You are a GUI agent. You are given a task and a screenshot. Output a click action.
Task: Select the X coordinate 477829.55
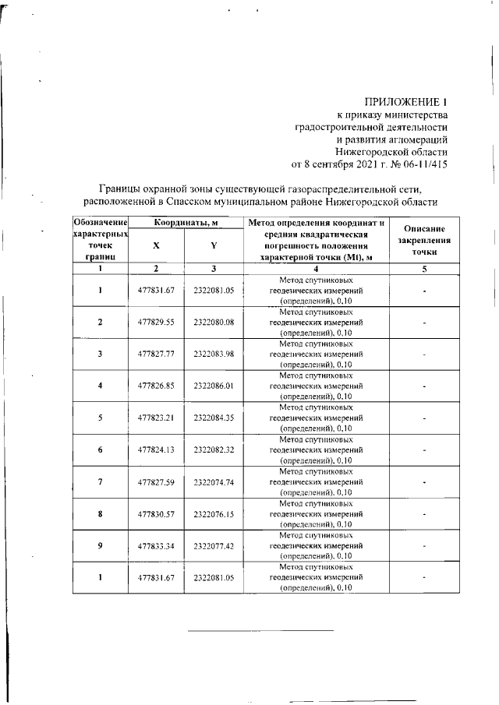click(x=156, y=322)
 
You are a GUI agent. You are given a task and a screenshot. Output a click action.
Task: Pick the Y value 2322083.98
click(x=214, y=354)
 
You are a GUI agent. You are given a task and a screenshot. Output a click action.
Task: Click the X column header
click(x=156, y=245)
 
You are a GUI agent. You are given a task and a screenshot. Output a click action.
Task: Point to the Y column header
click(x=214, y=245)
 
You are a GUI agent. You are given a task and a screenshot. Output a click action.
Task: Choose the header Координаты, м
click(x=185, y=224)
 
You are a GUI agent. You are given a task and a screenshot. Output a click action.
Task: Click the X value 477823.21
click(x=156, y=418)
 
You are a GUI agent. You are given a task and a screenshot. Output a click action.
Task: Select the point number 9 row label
click(x=100, y=546)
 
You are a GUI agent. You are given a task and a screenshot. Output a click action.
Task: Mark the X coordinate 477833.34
click(x=156, y=546)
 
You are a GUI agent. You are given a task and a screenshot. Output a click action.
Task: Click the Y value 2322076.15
click(x=214, y=514)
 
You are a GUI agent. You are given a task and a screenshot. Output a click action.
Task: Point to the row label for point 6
click(x=100, y=449)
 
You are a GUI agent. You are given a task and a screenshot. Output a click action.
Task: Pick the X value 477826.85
click(x=156, y=386)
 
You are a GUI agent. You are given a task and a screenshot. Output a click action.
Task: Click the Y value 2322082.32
click(x=214, y=449)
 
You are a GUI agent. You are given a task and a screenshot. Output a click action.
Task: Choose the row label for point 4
click(x=100, y=386)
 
